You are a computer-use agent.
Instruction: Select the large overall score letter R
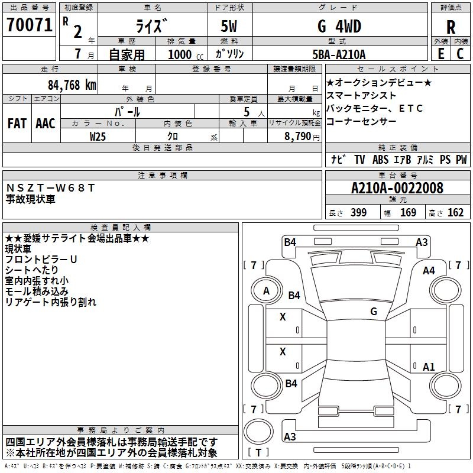point(451,27)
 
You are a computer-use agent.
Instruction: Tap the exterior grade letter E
point(440,53)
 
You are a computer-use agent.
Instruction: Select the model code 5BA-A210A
point(339,54)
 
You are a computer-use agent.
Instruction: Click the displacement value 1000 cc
point(184,54)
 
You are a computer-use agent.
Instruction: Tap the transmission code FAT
point(17,124)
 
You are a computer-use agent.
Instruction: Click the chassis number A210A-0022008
point(397,188)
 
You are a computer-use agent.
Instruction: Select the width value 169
point(409,213)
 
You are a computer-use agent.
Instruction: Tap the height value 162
point(455,213)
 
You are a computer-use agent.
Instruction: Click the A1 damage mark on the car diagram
point(429,367)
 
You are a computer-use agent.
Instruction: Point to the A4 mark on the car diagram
point(429,271)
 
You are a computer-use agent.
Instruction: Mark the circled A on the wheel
point(266,291)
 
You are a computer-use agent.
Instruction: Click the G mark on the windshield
point(374,311)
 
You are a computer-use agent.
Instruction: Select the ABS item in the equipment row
point(381,159)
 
